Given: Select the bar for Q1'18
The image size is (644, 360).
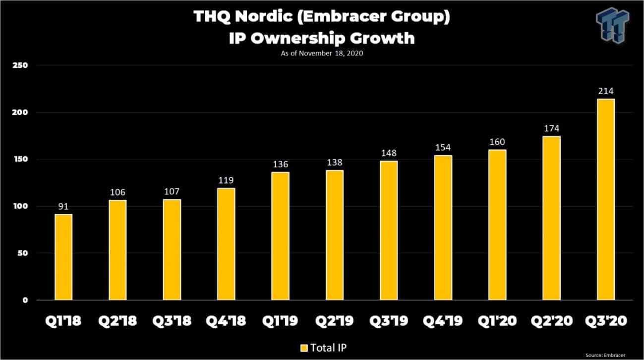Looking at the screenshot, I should coord(63,257).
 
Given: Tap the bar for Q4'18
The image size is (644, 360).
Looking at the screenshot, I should coord(226,244).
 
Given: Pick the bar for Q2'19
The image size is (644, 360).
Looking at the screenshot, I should coord(335,235).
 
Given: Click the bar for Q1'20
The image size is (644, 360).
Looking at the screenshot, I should coord(497,225).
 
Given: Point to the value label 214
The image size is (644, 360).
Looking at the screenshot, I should coord(605,91).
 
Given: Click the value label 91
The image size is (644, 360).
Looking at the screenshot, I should coord(63,207).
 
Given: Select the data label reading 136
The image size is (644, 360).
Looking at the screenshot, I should coord(280,165).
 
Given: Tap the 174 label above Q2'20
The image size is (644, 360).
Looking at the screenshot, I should coord(551,129).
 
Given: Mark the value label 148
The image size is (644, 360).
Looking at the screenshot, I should coord(389,153).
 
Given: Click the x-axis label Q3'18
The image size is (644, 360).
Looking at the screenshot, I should coord(172,321).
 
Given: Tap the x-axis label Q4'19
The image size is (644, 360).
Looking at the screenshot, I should coord(443,321).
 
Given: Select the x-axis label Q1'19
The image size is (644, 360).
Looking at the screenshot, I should coord(280,321).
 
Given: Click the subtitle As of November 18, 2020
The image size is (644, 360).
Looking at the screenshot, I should coord(321,53).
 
